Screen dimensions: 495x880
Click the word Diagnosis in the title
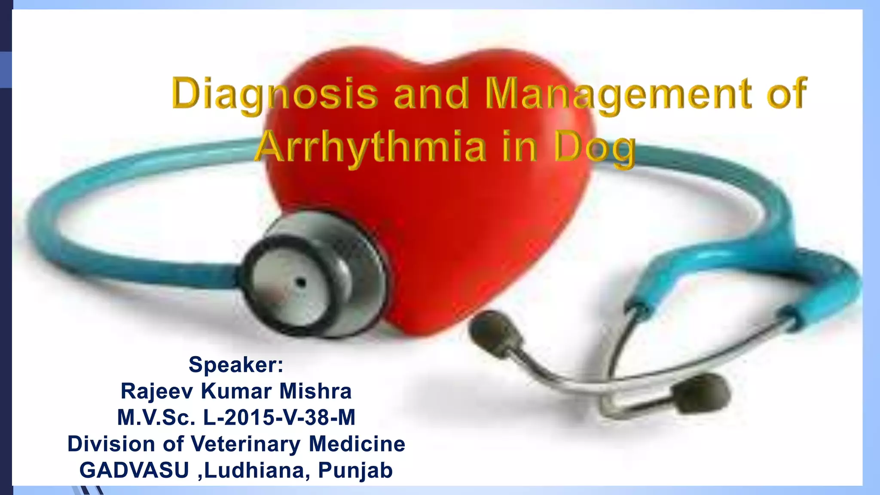275,94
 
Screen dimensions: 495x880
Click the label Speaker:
236,364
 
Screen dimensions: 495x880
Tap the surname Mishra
315,391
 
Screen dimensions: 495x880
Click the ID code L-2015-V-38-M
279,417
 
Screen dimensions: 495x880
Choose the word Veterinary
245,444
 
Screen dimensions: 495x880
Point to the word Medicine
357,444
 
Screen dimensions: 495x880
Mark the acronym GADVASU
134,470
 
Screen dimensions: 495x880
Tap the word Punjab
355,470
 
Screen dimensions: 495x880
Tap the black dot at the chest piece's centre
301,283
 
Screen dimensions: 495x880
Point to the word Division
111,444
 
